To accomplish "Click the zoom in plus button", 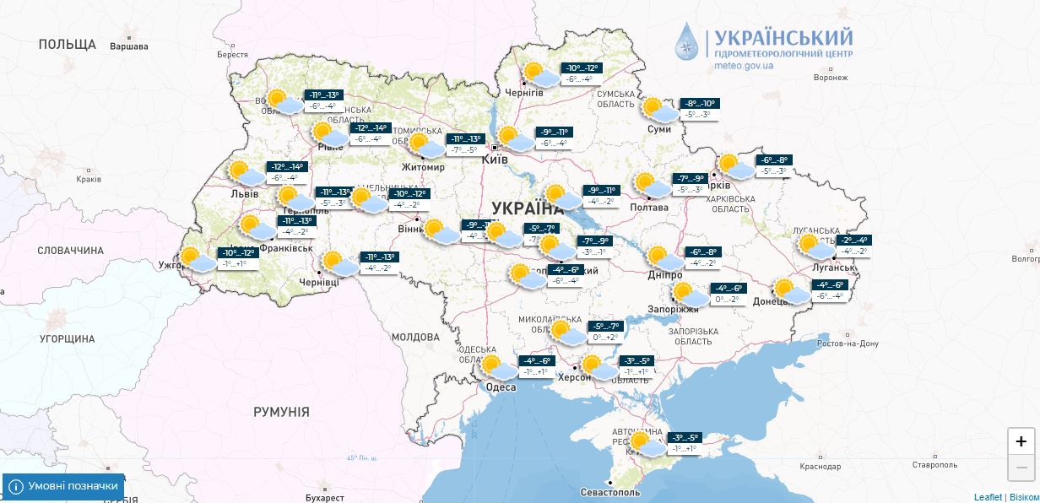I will click(x=1021, y=441).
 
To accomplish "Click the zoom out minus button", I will click(x=1021, y=467).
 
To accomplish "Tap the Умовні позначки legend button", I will click(x=63, y=486).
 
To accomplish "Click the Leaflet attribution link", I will click(x=987, y=497).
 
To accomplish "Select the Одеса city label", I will click(x=501, y=387).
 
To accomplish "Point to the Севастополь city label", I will click(x=610, y=492).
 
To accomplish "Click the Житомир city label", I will click(x=422, y=167).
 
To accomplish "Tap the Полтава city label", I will click(x=649, y=208).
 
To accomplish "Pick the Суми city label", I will click(x=658, y=129).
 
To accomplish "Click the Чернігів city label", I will click(x=524, y=92).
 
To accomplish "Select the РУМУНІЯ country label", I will click(x=281, y=412).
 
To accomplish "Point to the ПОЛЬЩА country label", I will click(x=68, y=44).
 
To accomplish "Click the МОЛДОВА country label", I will click(x=415, y=337).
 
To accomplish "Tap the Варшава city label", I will click(x=129, y=46).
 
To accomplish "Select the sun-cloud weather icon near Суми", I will click(x=658, y=111).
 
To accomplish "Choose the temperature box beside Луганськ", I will click(x=851, y=246).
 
